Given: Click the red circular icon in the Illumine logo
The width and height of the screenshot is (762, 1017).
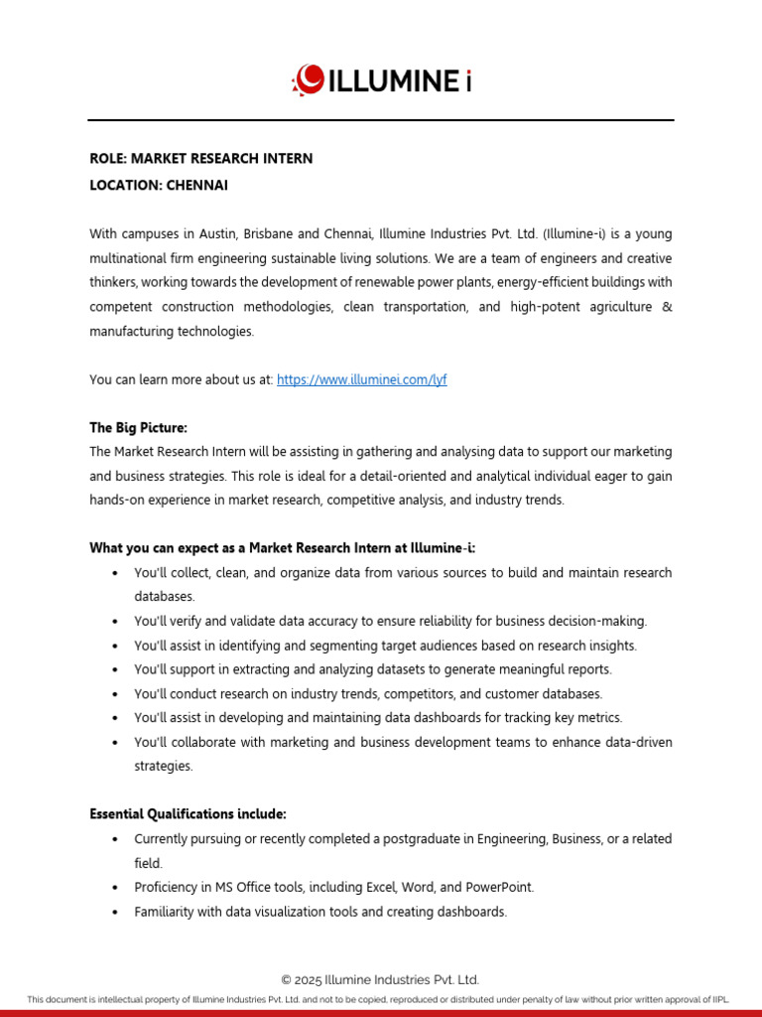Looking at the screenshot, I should click(309, 78).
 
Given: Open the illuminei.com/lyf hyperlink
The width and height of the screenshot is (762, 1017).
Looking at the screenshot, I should click(361, 379).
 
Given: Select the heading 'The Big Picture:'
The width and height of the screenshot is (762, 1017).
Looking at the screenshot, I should click(138, 428).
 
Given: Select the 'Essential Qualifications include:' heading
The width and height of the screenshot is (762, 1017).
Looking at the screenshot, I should click(188, 814).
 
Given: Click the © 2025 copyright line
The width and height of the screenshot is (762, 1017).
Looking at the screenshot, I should click(381, 979).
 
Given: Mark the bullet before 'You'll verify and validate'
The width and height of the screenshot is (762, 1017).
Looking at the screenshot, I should click(116, 622).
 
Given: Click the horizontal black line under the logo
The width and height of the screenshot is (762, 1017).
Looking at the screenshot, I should click(381, 120).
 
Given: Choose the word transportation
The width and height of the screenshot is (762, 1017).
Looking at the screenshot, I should click(420, 307).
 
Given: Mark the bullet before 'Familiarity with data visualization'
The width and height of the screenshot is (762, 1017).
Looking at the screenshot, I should click(116, 912).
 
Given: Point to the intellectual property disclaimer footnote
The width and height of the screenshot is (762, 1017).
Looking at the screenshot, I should click(381, 999).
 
